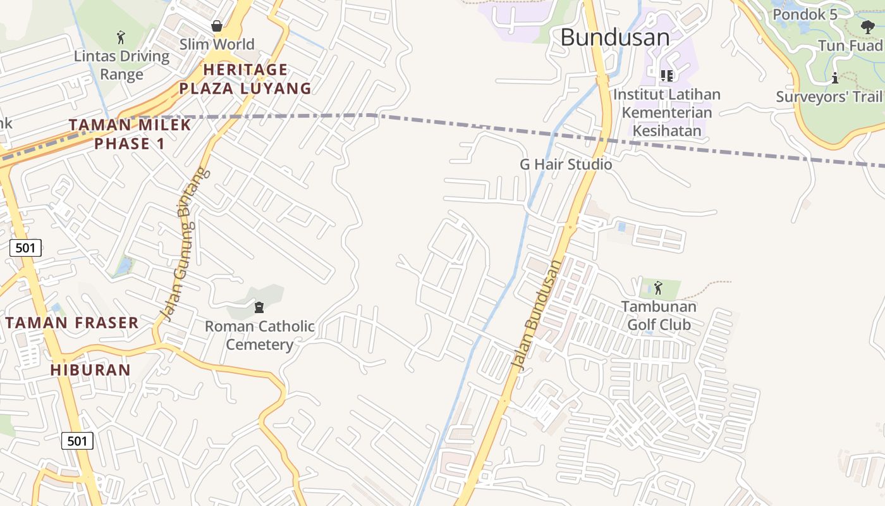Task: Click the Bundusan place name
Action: point(614,37)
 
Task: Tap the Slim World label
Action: point(217,44)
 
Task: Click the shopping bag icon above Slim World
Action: point(217,26)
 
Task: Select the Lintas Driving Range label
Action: point(122,65)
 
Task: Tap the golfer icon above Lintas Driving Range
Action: point(121,37)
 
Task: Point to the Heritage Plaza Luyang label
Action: point(245,79)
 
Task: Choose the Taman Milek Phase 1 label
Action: point(130,134)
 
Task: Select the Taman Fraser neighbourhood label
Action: point(72,323)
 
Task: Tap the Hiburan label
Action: point(90,370)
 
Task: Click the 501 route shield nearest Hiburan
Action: point(77,441)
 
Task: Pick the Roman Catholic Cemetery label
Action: point(260,335)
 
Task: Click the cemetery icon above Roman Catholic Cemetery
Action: point(259,308)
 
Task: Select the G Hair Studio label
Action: point(566,164)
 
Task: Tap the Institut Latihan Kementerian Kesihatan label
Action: point(667,113)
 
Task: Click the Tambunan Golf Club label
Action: point(659,316)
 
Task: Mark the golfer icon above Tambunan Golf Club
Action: point(658,288)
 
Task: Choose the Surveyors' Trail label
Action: point(829,97)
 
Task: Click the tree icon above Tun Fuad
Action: point(868,27)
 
